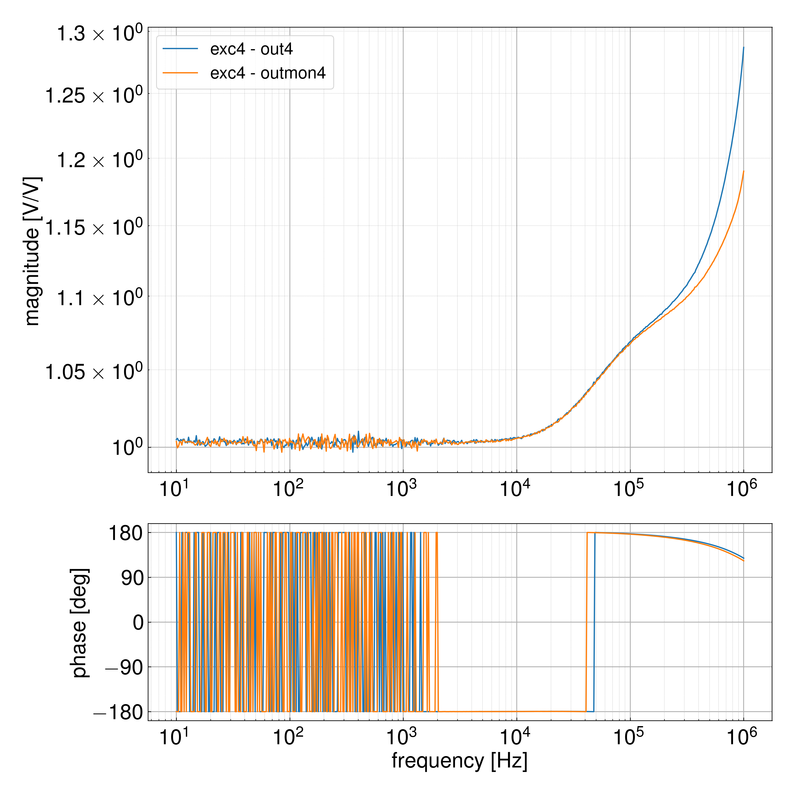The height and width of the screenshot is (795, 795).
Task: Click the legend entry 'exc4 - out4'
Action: (x=251, y=49)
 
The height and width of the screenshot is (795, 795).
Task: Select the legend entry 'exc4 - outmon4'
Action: (x=267, y=73)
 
